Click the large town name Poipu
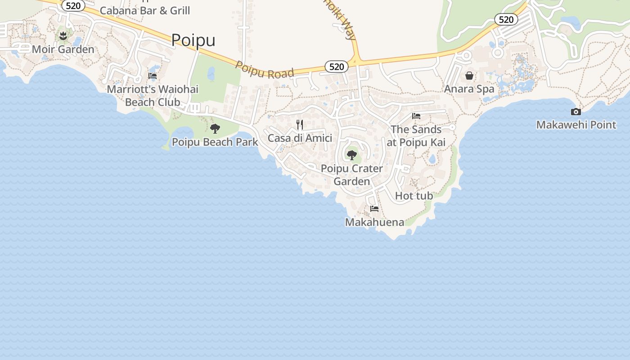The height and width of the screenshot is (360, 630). coord(193,40)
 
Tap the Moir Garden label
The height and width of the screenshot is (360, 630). coord(63,49)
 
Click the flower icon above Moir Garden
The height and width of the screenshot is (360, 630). coord(63,36)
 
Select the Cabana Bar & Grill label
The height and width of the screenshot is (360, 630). coord(145,10)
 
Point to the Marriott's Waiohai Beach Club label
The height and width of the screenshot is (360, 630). coord(153,95)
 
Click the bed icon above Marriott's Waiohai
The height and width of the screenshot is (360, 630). coord(153,76)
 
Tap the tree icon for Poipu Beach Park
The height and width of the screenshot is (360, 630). coord(215,129)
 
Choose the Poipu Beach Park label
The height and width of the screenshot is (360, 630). coord(215,142)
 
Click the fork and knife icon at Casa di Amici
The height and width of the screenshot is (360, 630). coord(300,124)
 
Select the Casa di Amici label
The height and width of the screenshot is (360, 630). coord(300,138)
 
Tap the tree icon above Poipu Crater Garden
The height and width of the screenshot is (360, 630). coord(352,156)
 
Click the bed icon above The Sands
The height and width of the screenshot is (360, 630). coord(416,116)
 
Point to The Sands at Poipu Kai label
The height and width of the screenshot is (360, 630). coord(416,136)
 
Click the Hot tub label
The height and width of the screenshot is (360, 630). coord(414,196)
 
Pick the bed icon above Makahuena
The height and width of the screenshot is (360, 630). coord(374,209)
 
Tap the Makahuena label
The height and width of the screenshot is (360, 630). coord(374,222)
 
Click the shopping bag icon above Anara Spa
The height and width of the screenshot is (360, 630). coord(469,76)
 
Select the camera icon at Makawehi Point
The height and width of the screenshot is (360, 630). coord(576,112)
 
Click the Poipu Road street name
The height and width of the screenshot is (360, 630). coord(265,71)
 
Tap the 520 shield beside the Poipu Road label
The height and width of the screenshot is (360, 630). coord(337,67)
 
